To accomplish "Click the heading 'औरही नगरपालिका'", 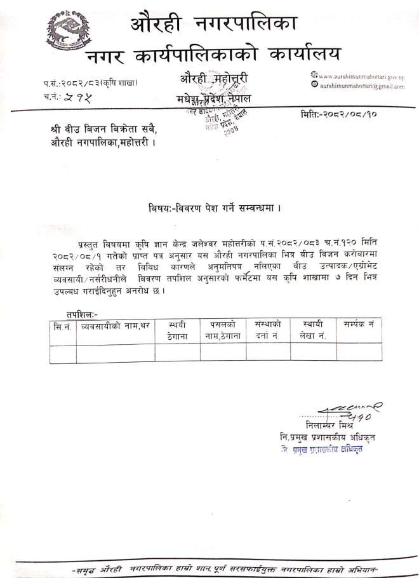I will tap(214, 24).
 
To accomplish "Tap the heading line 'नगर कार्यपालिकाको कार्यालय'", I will tap(213, 55).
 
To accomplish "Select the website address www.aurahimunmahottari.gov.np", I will tap(360, 76).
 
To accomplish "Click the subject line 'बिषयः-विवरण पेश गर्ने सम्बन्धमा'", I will tap(213, 207).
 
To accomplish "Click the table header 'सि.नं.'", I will tap(62, 325).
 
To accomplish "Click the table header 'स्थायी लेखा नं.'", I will tap(314, 330).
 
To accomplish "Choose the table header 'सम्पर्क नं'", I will tap(359, 325).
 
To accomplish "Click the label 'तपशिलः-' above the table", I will tap(82, 314).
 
